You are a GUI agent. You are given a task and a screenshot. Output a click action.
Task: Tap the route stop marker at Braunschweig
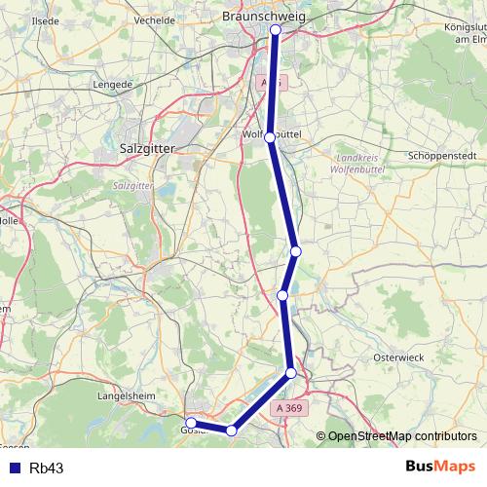(x=276, y=30)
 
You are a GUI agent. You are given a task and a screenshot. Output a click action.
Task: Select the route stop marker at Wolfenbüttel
(x=271, y=138)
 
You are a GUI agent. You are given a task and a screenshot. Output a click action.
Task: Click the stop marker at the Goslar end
(x=192, y=423)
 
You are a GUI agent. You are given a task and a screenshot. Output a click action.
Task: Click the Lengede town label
(x=113, y=85)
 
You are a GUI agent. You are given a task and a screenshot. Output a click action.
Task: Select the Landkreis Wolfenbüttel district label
(x=360, y=162)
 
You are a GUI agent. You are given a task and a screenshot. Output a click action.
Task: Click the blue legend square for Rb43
(x=13, y=468)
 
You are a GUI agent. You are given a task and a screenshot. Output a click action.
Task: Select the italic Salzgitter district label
(x=134, y=182)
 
